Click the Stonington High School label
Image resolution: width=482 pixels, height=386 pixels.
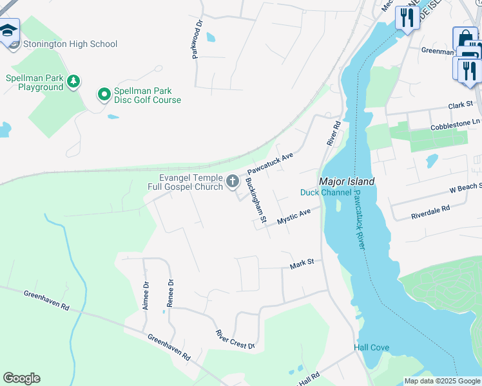pos(70,44)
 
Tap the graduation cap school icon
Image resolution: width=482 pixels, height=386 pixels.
pos(8,32)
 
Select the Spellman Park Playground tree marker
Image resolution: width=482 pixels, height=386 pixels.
pos(74,80)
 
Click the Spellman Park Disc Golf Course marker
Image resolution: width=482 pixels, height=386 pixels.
pos(103,95)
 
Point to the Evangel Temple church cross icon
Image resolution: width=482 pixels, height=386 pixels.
pos(232,181)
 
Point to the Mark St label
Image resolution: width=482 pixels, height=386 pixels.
pos(302,263)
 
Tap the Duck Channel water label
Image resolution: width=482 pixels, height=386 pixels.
pos(326,193)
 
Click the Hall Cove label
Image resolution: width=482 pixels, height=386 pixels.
pos(371,348)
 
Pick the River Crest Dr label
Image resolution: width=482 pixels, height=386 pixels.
pos(235,340)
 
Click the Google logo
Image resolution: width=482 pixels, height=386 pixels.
pos(22,378)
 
